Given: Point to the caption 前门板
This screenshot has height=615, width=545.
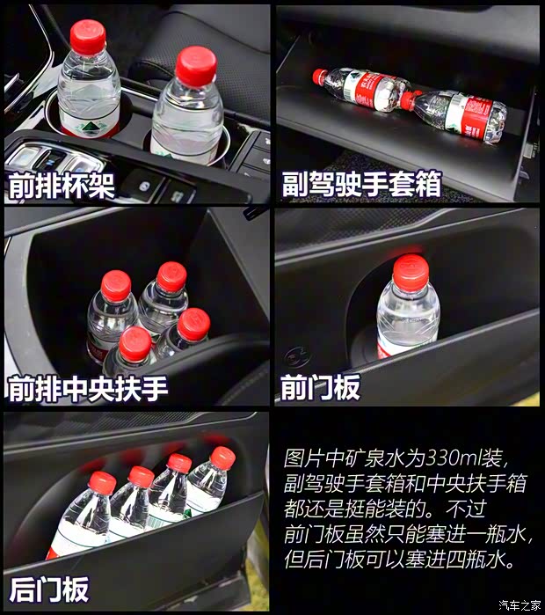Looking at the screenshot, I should [320, 388].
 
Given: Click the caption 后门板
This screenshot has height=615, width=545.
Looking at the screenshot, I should [49, 589].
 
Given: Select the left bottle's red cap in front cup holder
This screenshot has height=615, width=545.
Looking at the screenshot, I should [88, 36].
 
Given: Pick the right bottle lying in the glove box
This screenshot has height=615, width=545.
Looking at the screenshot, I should [457, 113].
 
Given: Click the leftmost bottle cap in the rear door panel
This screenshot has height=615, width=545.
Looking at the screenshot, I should [102, 481].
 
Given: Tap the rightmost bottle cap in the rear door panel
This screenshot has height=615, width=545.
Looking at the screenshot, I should [223, 458].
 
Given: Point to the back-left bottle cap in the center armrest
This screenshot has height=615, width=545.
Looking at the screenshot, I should [116, 286].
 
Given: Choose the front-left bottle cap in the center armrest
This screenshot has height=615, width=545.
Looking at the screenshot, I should [135, 344].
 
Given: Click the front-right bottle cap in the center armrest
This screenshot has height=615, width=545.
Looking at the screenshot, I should [193, 325].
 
